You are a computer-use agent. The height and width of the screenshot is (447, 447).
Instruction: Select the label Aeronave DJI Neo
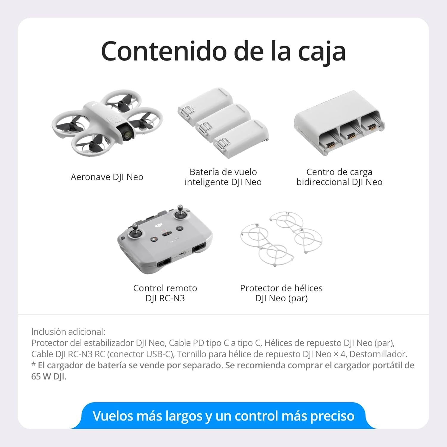(x=107, y=177)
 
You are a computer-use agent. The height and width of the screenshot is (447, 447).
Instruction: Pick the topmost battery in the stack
(x=205, y=103)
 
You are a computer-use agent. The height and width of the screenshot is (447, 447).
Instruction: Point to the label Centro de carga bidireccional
(x=339, y=177)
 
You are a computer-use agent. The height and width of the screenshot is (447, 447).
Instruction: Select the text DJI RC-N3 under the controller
(x=165, y=298)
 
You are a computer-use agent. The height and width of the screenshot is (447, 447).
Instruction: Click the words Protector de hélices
(x=281, y=288)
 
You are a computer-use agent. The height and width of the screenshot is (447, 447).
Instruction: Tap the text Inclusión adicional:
(x=68, y=332)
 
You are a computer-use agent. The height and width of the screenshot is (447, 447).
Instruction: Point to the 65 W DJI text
(x=49, y=377)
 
